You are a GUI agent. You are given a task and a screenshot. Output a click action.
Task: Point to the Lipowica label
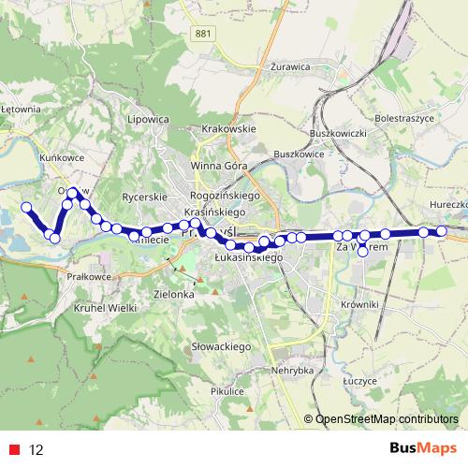tap(150, 120)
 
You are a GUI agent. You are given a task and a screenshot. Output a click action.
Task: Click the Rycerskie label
tap(144, 197)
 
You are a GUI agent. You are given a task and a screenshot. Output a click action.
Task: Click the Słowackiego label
tap(223, 347)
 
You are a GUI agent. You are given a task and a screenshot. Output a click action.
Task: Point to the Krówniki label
tap(358, 304)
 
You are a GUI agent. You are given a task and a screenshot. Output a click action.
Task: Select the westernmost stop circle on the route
tap(26, 207)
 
